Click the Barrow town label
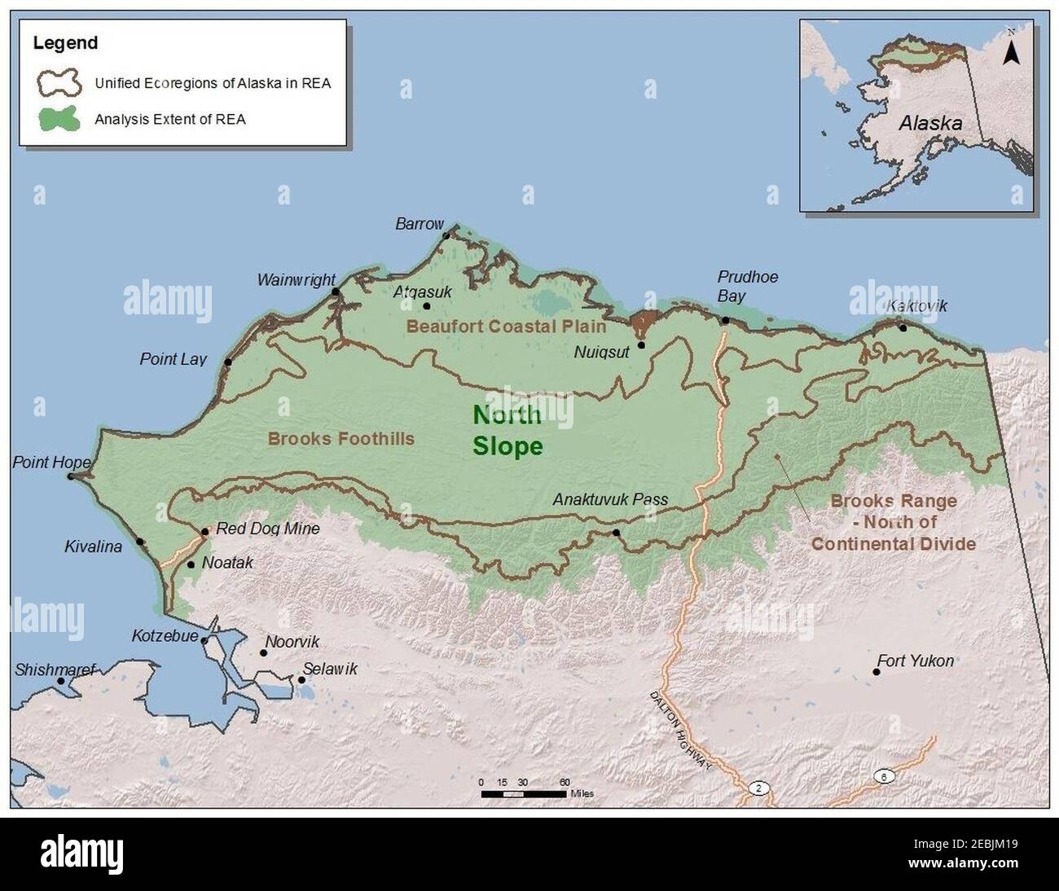point(419,223)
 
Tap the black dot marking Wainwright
point(335,291)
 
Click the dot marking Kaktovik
point(903,327)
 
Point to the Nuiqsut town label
point(601,352)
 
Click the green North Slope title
point(507,430)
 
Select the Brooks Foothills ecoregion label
point(341,439)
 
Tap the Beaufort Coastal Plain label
point(506,327)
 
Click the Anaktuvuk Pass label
point(610,499)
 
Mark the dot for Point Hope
point(71,476)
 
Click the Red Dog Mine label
point(267,529)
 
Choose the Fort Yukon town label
point(915,661)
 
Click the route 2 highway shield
point(758,788)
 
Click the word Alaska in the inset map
point(929,124)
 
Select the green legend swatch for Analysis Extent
point(59,119)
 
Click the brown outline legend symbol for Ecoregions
point(59,82)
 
